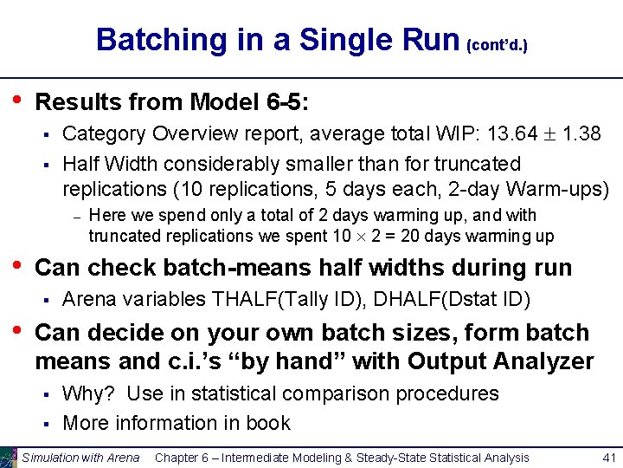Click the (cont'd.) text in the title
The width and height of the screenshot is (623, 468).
[x=497, y=44]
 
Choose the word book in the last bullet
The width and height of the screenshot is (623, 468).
[x=269, y=423]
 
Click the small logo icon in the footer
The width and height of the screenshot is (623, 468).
[x=9, y=457]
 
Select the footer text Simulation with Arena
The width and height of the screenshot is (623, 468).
[x=80, y=458]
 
